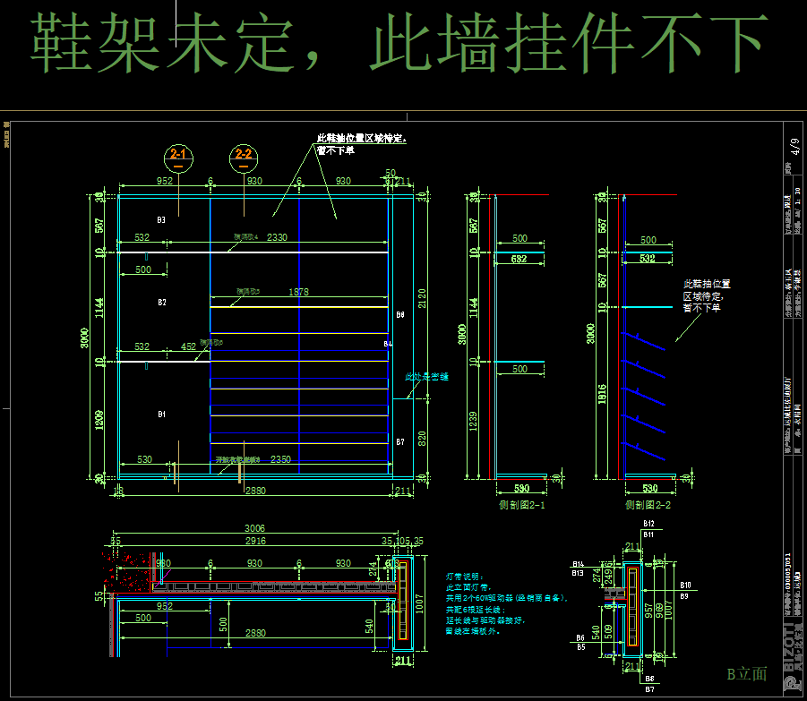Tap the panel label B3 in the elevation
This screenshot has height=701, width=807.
(161, 219)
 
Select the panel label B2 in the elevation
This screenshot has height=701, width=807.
(161, 303)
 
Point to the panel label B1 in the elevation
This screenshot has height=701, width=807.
(161, 415)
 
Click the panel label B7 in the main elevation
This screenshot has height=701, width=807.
(400, 442)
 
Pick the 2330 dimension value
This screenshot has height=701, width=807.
(277, 237)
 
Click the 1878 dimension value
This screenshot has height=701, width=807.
(299, 292)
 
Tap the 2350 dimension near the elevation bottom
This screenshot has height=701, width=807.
(280, 459)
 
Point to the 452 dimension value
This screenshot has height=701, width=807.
(188, 346)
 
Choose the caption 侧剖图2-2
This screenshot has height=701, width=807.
(648, 505)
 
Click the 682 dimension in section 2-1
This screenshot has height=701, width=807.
(519, 259)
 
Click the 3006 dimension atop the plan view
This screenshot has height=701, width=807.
(256, 528)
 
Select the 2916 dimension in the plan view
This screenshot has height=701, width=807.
(256, 542)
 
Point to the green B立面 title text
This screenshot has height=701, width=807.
(746, 673)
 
